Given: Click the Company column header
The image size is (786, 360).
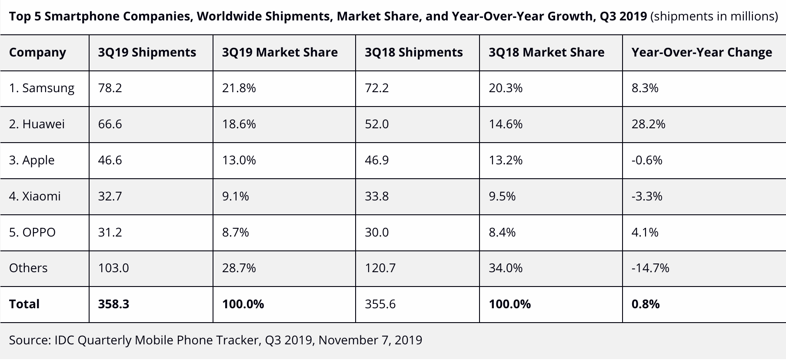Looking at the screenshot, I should [37, 53].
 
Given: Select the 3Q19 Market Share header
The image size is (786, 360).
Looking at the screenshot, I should [280, 53].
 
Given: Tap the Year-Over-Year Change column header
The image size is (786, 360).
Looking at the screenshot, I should [702, 53].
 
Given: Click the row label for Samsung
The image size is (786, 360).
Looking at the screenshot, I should [42, 88].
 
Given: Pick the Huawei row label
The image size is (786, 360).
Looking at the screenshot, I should [37, 124].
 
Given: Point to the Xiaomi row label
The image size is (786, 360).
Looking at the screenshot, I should [35, 196].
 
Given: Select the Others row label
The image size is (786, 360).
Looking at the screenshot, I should [28, 268].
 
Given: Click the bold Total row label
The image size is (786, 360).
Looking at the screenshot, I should [24, 304].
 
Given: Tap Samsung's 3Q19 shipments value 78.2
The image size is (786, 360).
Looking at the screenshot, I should [110, 88].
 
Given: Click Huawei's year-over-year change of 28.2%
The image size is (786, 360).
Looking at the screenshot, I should [648, 124].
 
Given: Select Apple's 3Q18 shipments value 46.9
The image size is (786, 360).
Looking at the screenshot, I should [377, 160].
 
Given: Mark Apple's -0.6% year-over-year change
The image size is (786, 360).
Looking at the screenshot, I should [647, 160].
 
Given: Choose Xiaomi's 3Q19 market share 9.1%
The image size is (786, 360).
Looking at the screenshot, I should [235, 196].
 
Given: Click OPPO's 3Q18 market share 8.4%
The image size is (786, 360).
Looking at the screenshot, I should [502, 232].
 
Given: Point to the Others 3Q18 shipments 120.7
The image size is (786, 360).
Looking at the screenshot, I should [380, 268].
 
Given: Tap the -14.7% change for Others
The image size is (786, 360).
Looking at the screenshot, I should [650, 268].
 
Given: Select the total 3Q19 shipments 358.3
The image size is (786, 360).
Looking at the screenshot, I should [113, 304].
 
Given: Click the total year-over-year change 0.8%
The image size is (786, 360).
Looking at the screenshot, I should [646, 304].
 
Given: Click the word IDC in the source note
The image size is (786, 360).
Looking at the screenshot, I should [64, 340].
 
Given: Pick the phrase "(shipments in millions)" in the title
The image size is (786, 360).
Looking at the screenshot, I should [714, 17].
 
